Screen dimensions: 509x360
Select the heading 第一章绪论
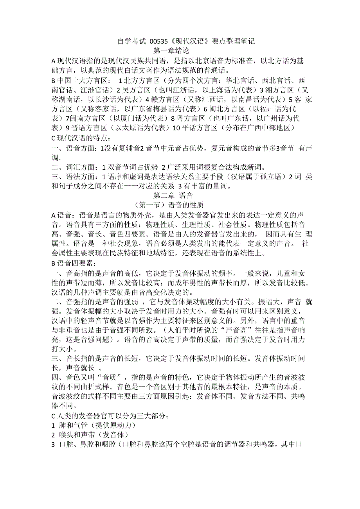coord(172,51)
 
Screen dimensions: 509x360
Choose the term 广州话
coord(279,118)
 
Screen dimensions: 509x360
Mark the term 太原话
coord(131,128)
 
